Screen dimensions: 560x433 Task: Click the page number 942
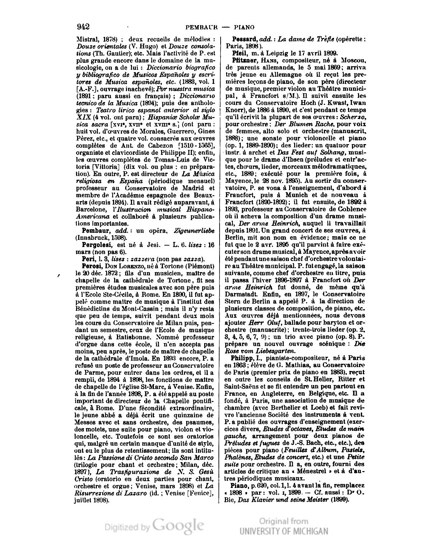point(83,27)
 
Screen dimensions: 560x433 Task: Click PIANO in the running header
point(244,27)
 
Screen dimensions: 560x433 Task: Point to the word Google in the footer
point(178,526)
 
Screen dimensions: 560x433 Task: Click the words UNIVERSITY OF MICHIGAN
point(284,531)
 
